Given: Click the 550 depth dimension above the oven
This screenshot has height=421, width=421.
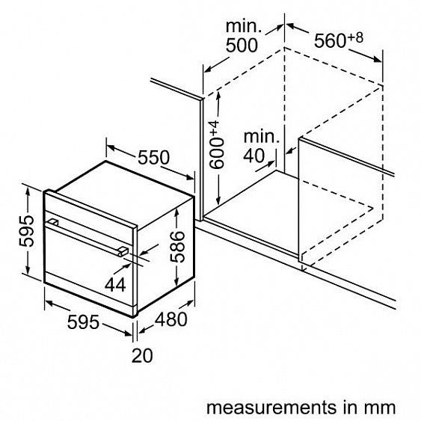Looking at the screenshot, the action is point(153,157).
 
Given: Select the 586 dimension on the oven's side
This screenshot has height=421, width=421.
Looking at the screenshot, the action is point(178,247).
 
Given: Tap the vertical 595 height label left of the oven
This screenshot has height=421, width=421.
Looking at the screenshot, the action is point(27,231).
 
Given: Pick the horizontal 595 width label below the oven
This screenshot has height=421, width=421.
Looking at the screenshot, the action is point(83,322).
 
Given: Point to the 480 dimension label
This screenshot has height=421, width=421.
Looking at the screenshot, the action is point(171,319).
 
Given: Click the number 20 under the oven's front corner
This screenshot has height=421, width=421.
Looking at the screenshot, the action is point(142,355).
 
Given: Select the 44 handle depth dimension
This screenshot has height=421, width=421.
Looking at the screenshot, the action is point(115,285).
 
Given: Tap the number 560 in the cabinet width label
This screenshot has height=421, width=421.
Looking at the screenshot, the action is point(331,41).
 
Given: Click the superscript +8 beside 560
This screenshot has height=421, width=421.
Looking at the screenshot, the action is point(355,38).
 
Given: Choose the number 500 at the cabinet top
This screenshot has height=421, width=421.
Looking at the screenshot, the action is point(242,46).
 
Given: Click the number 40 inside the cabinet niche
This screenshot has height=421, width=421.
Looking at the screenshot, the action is point(254,156).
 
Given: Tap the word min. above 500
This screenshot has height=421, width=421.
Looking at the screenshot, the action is point(244,26).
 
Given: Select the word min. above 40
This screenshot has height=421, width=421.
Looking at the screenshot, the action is point(262,137).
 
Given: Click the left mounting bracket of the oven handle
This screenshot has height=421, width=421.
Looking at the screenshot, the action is point(53,222).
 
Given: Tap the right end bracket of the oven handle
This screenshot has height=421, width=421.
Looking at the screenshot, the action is point(123,251).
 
